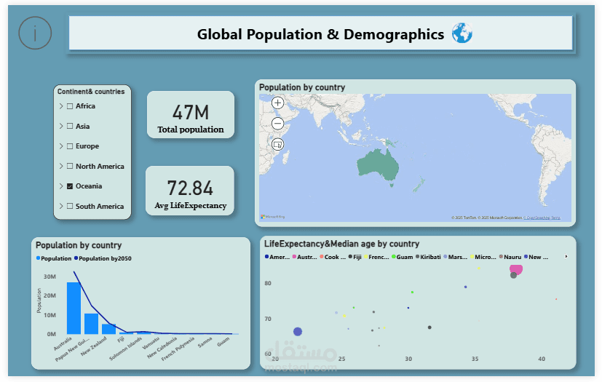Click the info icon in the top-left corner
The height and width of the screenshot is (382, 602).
click(x=35, y=33)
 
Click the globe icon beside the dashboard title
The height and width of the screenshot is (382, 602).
click(x=462, y=33)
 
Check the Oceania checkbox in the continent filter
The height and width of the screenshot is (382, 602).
click(x=70, y=186)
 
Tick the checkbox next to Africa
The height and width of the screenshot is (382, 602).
click(x=70, y=106)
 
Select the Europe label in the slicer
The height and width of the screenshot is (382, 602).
click(x=87, y=146)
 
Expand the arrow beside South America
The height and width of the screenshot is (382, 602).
click(x=61, y=207)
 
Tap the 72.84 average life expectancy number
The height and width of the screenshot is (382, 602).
click(x=191, y=188)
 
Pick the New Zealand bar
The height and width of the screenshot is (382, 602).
click(x=108, y=328)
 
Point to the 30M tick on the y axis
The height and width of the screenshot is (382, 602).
click(x=50, y=276)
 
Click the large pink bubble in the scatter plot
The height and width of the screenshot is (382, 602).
click(x=518, y=269)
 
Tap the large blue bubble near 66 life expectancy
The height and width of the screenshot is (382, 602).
click(x=297, y=332)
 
